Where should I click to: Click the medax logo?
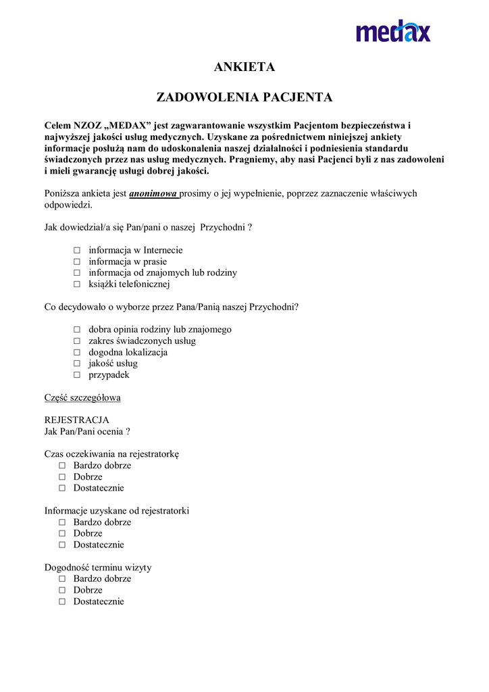tap(393, 30)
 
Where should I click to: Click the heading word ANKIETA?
tap(244, 67)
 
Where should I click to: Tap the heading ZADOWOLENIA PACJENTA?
tap(244, 97)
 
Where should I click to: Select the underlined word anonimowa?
tap(153, 193)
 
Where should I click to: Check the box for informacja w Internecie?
tap(77, 251)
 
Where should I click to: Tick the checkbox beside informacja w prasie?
tap(77, 262)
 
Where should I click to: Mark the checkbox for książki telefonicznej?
tap(77, 285)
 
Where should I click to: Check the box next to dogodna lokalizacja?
tap(77, 353)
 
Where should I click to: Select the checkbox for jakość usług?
tap(77, 364)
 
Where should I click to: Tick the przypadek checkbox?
tap(77, 375)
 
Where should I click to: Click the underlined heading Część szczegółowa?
tap(82, 397)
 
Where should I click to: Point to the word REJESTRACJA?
tap(76, 420)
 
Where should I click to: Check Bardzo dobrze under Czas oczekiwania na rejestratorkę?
tap(62, 466)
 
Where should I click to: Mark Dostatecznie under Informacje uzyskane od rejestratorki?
tap(62, 545)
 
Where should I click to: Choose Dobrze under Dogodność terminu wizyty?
tap(62, 590)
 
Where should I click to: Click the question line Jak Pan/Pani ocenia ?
tap(87, 431)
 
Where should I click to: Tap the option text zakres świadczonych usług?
tap(142, 341)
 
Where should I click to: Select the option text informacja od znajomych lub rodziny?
tap(163, 273)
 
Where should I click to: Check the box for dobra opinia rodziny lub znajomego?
tap(77, 330)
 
